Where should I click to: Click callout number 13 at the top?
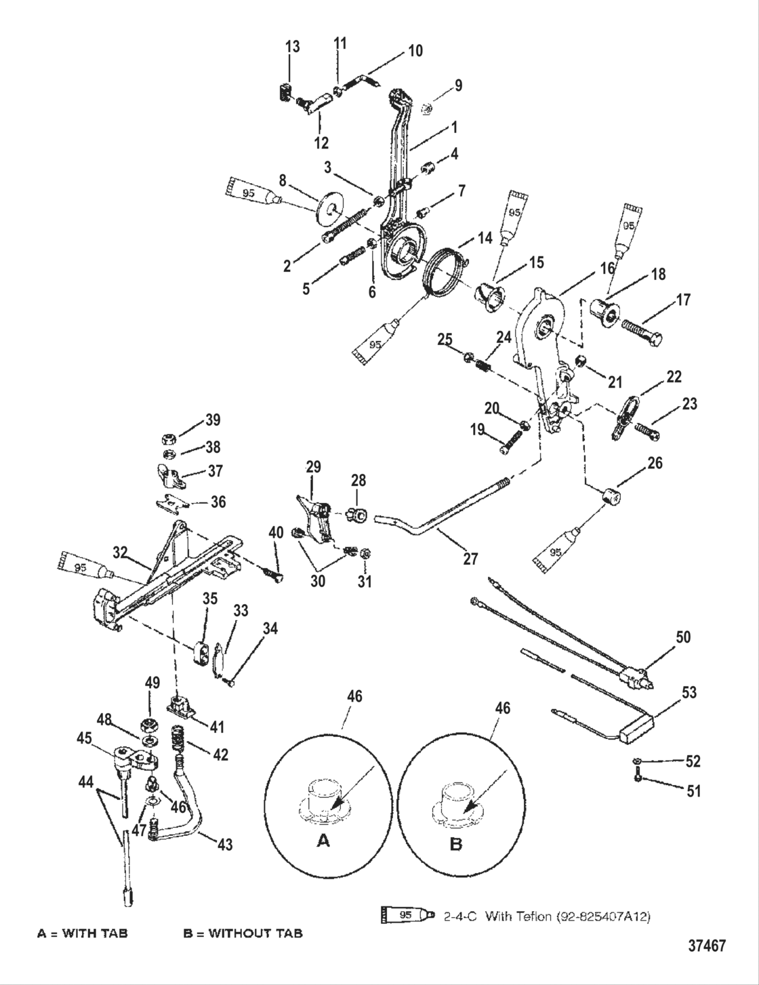click(x=292, y=47)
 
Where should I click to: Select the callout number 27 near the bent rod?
click(x=470, y=559)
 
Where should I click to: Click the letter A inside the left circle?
click(x=324, y=841)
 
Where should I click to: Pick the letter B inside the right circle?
click(x=456, y=844)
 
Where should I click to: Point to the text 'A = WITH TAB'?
click(x=82, y=933)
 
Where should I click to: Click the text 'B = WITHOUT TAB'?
click(x=243, y=933)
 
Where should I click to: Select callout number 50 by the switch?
click(x=683, y=637)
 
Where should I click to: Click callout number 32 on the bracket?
click(x=121, y=552)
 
